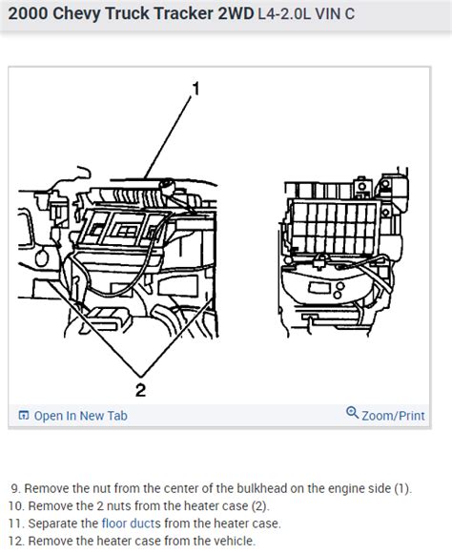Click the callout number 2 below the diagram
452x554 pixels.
[x=140, y=388]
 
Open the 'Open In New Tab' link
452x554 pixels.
[x=80, y=416]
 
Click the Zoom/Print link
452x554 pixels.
[x=393, y=416]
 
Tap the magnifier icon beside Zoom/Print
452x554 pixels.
[x=352, y=415]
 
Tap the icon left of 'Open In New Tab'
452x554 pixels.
[x=23, y=416]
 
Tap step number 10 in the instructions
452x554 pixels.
[x=15, y=505]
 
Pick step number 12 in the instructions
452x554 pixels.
[x=15, y=541]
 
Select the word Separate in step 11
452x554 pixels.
[x=51, y=523]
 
